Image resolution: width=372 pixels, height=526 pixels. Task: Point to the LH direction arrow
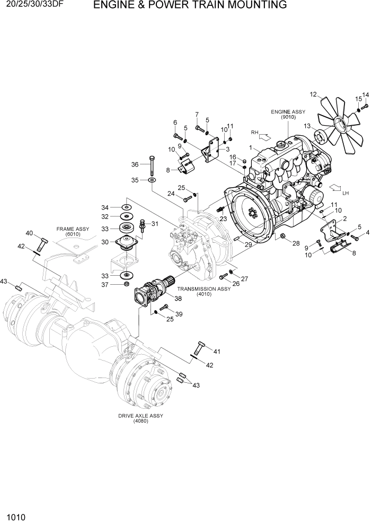point(336,188)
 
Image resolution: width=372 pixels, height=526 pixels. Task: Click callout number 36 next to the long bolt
point(135,164)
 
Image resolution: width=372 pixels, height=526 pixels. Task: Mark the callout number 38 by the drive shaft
point(178,299)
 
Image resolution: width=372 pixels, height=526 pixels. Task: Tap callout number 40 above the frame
point(29,233)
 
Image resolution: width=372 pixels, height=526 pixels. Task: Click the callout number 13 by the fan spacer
point(306,126)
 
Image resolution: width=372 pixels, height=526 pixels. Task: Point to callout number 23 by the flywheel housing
point(223,218)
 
